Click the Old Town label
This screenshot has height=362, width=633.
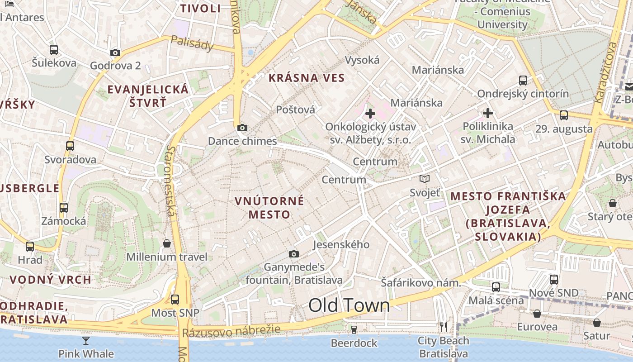[349, 306]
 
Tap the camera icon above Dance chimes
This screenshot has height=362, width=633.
[242, 128]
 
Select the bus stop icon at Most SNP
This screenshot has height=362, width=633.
[175, 299]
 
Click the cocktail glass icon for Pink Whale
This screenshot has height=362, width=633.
[86, 340]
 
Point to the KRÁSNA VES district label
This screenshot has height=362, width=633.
[307, 78]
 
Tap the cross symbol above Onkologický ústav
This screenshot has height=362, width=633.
[370, 113]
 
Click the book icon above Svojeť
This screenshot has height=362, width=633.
[424, 179]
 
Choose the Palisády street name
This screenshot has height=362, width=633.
[192, 43]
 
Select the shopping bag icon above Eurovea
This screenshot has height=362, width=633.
[537, 313]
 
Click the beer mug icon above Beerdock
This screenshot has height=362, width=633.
[354, 329]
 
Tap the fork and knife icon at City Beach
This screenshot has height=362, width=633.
[444, 327]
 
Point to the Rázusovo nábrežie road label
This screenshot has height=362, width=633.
[231, 331]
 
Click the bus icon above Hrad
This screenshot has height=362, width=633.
[30, 247]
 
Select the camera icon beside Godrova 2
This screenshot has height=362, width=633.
[115, 52]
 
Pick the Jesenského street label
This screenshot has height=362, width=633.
[341, 245]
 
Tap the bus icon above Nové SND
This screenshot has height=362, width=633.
[554, 280]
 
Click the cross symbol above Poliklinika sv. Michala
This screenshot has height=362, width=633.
[487, 113]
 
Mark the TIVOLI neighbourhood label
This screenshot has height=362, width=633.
[200, 9]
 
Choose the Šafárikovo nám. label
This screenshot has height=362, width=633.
[420, 283]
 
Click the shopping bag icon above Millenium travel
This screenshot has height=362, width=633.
[167, 243]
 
